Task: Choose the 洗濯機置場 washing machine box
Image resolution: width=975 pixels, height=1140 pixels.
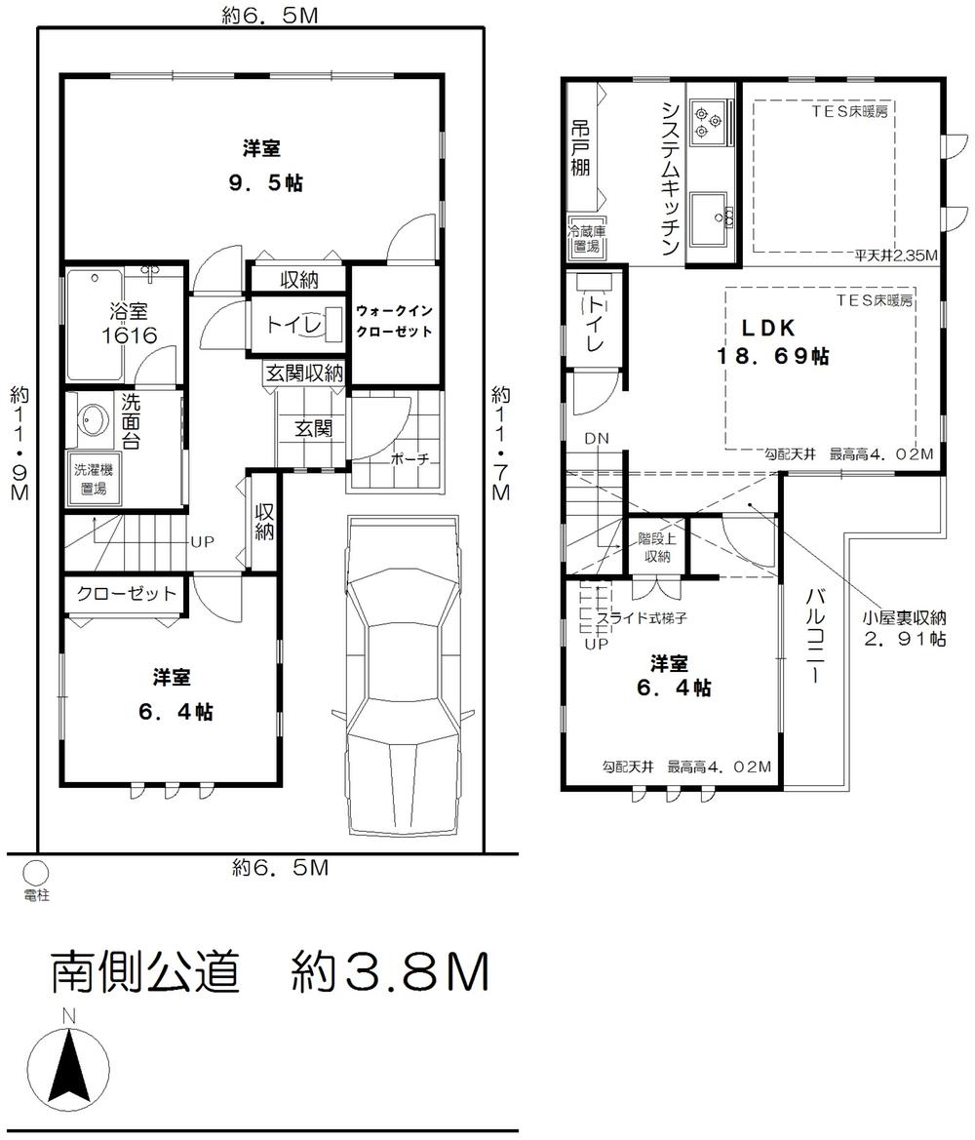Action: pyautogui.click(x=94, y=478)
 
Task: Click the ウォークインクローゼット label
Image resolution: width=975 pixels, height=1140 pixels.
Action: pyautogui.click(x=394, y=321)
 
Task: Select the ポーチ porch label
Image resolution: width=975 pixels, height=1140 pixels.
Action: pyautogui.click(x=409, y=458)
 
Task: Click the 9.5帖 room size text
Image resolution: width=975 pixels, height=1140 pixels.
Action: pyautogui.click(x=262, y=182)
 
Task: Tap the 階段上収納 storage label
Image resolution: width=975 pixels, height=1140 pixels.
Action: pyautogui.click(x=654, y=547)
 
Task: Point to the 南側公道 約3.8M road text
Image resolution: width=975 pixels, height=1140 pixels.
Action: pyautogui.click(x=269, y=971)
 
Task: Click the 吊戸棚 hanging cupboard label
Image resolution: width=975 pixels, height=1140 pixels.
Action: pyautogui.click(x=581, y=148)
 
